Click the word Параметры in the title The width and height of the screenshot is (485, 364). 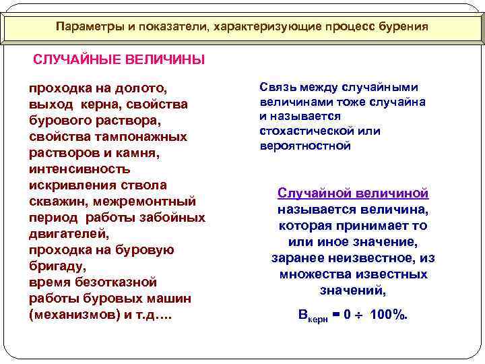86,27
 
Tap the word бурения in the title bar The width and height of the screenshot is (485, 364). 401,27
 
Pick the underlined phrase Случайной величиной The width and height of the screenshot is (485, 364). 353,193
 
